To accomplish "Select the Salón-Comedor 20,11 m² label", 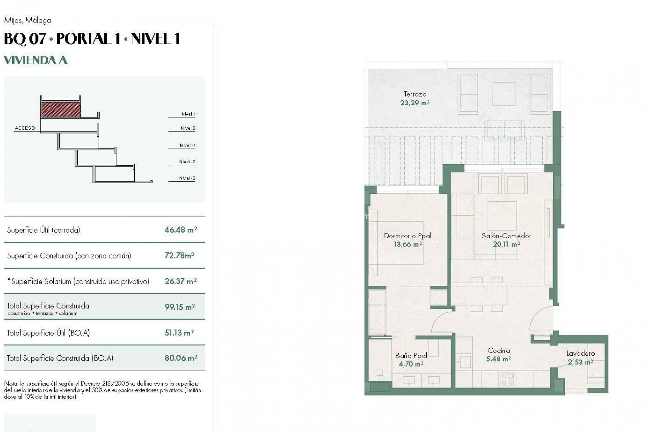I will [x=506, y=240].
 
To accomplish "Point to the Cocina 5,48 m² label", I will [x=498, y=355].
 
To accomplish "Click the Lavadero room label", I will [x=580, y=354].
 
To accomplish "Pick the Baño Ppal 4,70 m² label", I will [x=411, y=359].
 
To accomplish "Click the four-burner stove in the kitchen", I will [x=507, y=378].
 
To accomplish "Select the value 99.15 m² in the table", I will [x=180, y=307].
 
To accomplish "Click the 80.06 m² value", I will [x=181, y=358].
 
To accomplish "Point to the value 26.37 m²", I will [x=181, y=281].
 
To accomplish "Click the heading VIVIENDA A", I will [x=35, y=60].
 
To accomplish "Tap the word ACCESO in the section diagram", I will [x=25, y=128].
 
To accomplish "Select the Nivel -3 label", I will [x=187, y=178].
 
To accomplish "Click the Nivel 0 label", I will [x=188, y=128].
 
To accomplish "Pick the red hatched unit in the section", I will [x=61, y=110].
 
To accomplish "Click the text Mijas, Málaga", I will [x=27, y=21].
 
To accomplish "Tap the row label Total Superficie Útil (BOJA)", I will [x=48, y=333].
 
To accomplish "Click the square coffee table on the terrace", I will [x=504, y=94].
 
